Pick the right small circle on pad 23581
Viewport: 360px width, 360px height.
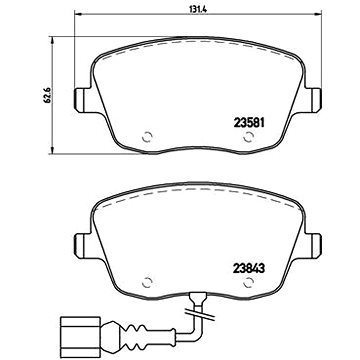[x=247, y=139]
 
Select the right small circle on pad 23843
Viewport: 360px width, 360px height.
[x=247, y=281]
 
